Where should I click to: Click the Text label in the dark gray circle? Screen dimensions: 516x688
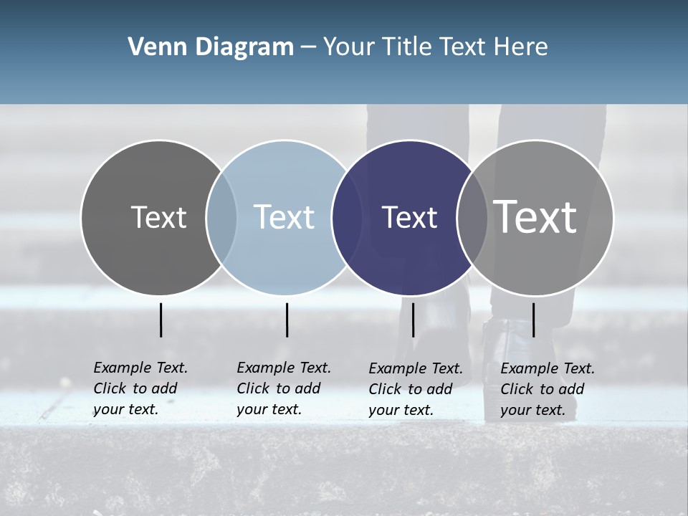(158, 217)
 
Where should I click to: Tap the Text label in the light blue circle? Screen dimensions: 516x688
(284, 217)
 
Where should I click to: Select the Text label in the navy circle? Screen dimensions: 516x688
(409, 217)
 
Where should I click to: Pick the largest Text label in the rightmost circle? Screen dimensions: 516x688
(535, 217)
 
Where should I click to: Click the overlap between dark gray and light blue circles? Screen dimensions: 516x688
(221, 217)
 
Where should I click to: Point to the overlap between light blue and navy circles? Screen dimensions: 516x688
(347, 217)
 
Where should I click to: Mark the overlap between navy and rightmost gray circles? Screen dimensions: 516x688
(472, 217)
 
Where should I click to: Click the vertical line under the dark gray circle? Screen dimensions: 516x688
(161, 320)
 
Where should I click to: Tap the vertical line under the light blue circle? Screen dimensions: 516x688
(287, 320)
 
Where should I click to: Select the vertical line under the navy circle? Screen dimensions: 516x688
(413, 320)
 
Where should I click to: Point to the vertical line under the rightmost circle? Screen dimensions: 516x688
(533, 320)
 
